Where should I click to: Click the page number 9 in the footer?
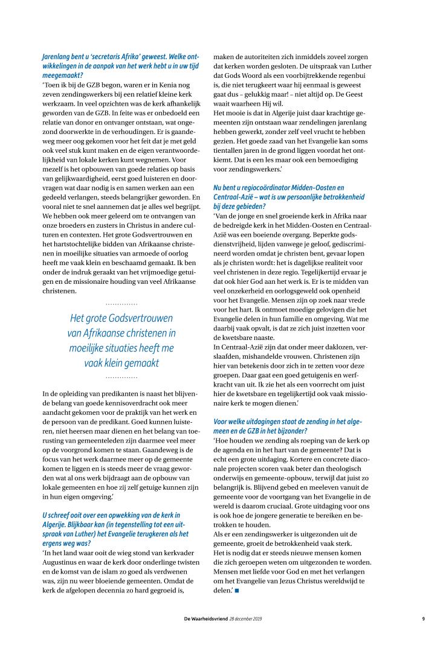[x=423, y=619]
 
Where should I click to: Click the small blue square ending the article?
[x=237, y=589]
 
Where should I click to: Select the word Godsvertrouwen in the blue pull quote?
[x=141, y=318]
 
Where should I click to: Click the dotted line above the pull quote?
[x=121, y=303]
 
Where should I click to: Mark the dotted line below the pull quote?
[x=121, y=377]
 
